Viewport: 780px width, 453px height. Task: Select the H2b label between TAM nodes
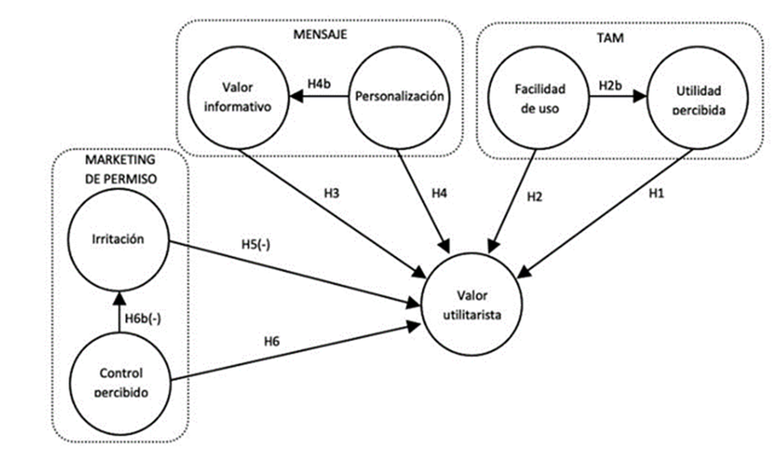(612, 84)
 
